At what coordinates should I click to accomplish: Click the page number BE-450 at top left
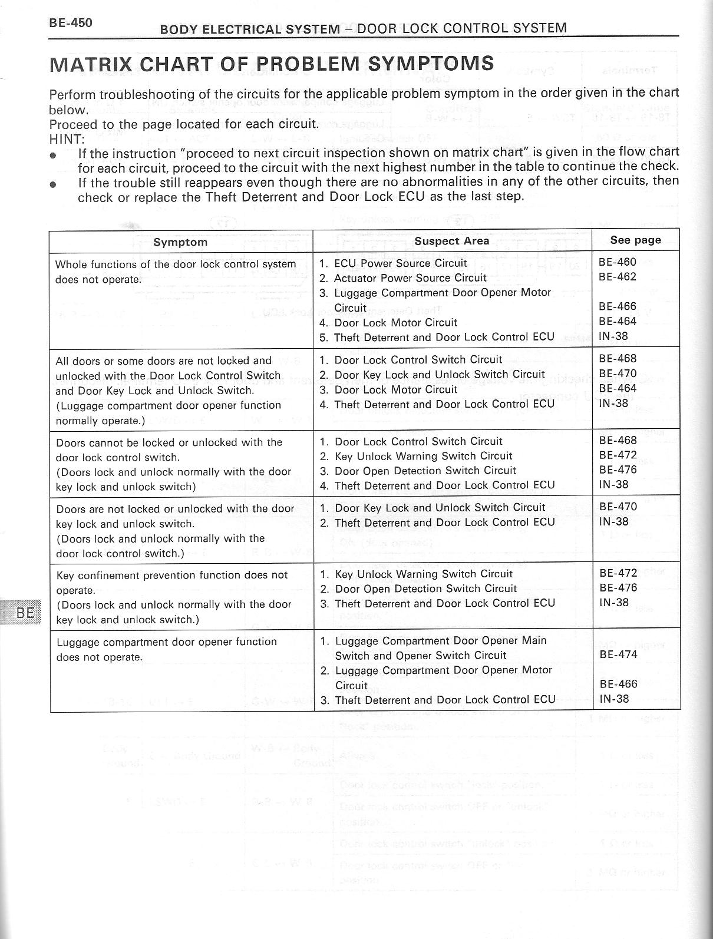click(70, 23)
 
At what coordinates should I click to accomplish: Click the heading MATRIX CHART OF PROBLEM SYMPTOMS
click(272, 63)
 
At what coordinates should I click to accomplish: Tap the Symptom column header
click(180, 242)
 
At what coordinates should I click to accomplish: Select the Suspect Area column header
click(451, 240)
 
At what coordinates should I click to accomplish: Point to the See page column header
click(635, 240)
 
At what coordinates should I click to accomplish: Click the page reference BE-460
click(618, 262)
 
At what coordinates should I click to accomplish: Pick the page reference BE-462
click(618, 277)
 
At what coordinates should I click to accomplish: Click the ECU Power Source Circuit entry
click(400, 263)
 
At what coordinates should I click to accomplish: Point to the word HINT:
click(67, 139)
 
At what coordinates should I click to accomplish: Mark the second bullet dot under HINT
click(54, 184)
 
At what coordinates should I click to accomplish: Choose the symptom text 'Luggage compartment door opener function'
click(167, 642)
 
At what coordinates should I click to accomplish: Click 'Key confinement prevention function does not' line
click(172, 575)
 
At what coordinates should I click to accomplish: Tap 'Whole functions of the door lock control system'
click(176, 264)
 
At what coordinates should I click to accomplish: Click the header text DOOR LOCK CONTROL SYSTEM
click(462, 28)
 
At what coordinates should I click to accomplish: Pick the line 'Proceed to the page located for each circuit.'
click(184, 124)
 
